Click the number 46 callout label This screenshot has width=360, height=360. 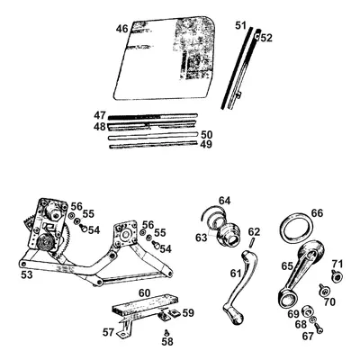121,29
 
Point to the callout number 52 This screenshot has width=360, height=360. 266,38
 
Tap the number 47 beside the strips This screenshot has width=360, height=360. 101,115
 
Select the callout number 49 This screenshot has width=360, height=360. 206,144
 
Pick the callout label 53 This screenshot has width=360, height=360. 26,274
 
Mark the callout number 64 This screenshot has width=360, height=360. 224,200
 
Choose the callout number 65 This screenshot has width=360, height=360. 287,266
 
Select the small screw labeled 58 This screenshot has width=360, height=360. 166,330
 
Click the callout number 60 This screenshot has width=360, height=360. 143,293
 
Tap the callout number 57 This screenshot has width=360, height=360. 109,332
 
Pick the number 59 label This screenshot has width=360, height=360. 187,313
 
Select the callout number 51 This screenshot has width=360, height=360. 239,26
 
